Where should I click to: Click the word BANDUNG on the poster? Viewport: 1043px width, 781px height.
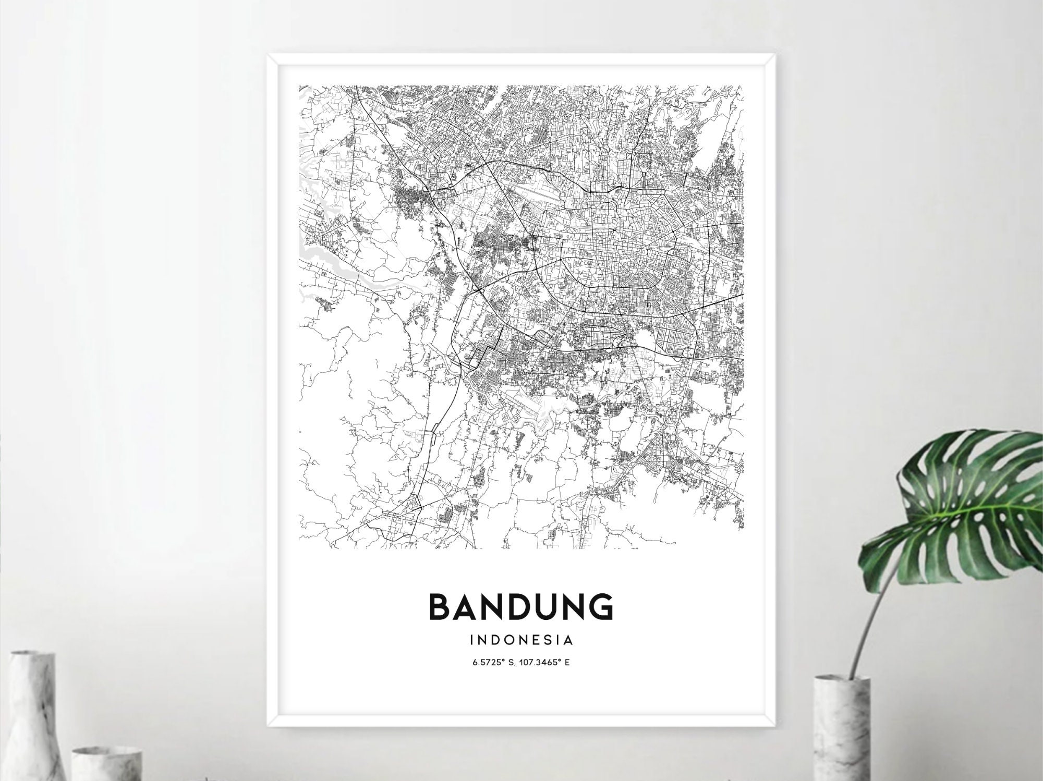pos(520,606)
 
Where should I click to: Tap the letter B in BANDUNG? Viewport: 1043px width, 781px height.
pos(439,606)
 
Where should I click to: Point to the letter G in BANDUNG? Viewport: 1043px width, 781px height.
pos(601,606)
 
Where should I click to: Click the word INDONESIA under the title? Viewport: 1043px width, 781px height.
pos(521,639)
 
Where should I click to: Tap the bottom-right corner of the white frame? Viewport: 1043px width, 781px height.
pos(774,726)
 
